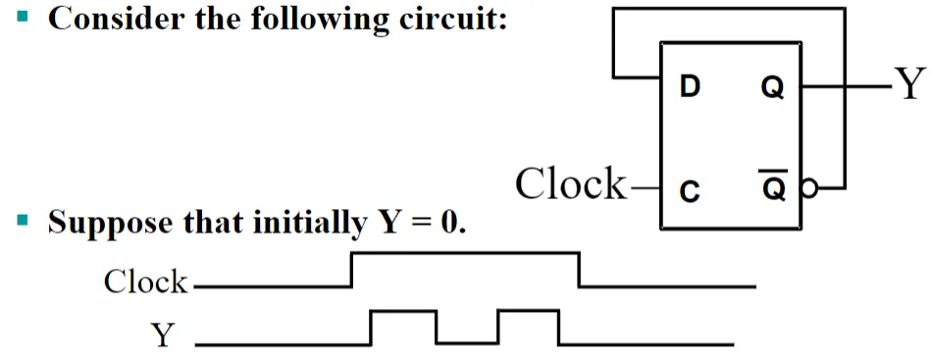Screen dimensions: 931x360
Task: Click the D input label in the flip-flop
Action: pos(690,88)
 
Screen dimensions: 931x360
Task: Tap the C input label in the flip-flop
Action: pos(690,191)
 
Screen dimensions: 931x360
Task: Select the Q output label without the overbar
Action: pos(772,89)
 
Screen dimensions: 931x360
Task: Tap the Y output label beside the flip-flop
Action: pos(910,85)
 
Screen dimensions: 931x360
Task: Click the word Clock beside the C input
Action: pos(570,183)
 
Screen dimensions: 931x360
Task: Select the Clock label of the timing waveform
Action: pos(145,282)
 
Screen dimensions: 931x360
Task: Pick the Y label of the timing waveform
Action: pos(162,335)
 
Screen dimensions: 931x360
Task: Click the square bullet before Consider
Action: pos(23,16)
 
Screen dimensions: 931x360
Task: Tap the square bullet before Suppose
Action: pos(23,221)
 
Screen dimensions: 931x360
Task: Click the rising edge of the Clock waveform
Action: pos(353,270)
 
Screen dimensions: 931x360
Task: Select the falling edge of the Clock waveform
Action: pos(580,270)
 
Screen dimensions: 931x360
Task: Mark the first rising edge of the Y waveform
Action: pos(371,328)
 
